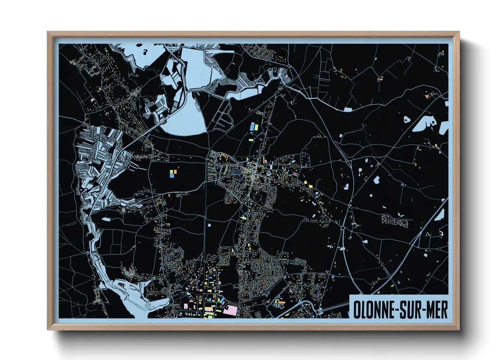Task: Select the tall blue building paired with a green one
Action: (x=252, y=127)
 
